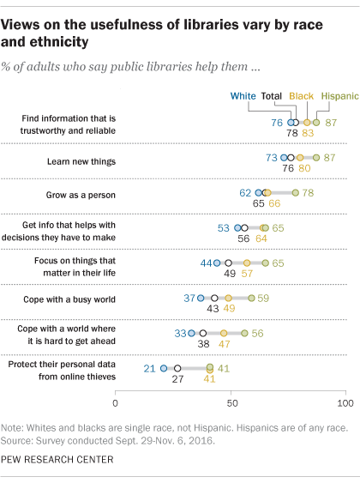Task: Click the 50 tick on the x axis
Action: (230, 401)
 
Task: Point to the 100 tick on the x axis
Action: (344, 401)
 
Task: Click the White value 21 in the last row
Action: (149, 369)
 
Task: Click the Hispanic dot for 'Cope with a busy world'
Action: (251, 299)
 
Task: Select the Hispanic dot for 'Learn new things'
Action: (315, 159)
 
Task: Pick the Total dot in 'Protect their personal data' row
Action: (177, 369)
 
